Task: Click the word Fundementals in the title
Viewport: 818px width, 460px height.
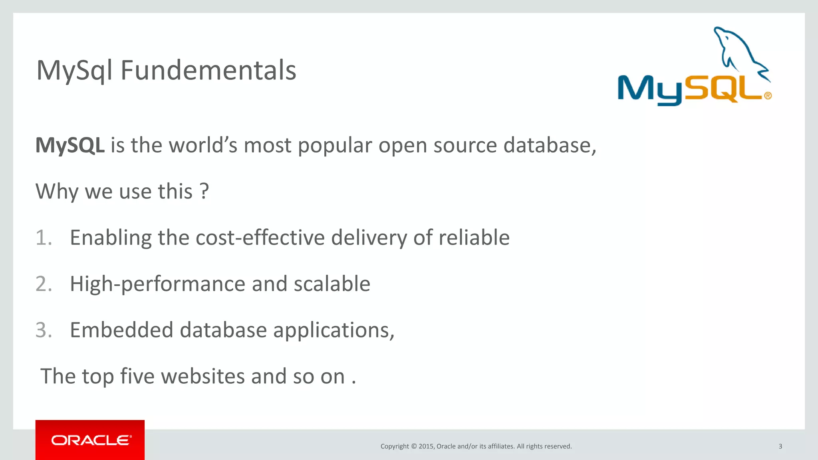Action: [208, 70]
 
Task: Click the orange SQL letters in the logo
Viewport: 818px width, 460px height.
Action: [723, 88]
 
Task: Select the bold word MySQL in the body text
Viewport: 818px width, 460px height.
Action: [70, 145]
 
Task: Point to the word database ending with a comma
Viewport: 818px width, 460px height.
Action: [550, 145]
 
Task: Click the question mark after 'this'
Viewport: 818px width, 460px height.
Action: [204, 191]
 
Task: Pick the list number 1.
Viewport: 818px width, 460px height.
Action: [44, 238]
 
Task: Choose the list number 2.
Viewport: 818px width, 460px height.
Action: [44, 284]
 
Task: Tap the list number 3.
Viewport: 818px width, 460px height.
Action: [44, 330]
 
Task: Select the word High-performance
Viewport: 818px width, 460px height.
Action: [157, 284]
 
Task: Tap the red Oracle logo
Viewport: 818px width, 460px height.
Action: [90, 440]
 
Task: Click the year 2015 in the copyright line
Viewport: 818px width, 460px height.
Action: [426, 446]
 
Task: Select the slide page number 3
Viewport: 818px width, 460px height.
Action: [780, 446]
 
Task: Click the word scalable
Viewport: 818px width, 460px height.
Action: [332, 284]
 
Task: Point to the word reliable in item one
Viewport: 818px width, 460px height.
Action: [474, 238]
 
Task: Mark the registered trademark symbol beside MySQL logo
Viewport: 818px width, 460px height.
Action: [768, 96]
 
